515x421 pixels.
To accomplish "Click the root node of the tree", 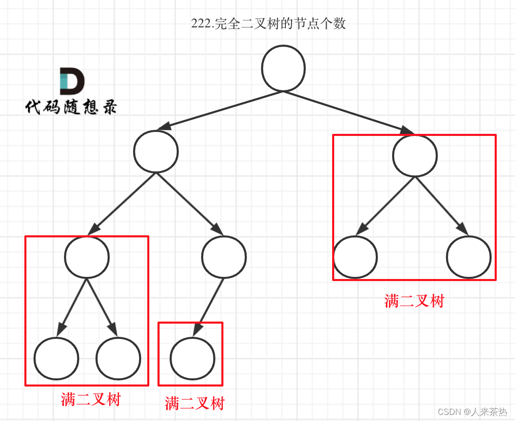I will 283,68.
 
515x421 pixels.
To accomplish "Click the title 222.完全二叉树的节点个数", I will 268,23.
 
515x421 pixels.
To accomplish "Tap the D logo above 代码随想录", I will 72,81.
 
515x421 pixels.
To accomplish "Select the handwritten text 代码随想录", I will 71,107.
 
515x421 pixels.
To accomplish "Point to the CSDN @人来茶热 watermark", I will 465,411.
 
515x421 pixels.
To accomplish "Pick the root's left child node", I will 156,151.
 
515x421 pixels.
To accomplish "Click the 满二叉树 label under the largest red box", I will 414,301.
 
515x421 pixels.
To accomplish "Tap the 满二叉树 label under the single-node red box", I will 194,403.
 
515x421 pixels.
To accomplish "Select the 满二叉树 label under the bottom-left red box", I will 90,399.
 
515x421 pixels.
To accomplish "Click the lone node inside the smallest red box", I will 192,358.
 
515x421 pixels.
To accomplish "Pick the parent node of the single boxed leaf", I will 224,256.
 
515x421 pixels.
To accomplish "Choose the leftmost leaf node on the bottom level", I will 56,358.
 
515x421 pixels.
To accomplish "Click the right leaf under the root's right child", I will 469,257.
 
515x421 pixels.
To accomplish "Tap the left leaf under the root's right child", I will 356,257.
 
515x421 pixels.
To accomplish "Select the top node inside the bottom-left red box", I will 87,256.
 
